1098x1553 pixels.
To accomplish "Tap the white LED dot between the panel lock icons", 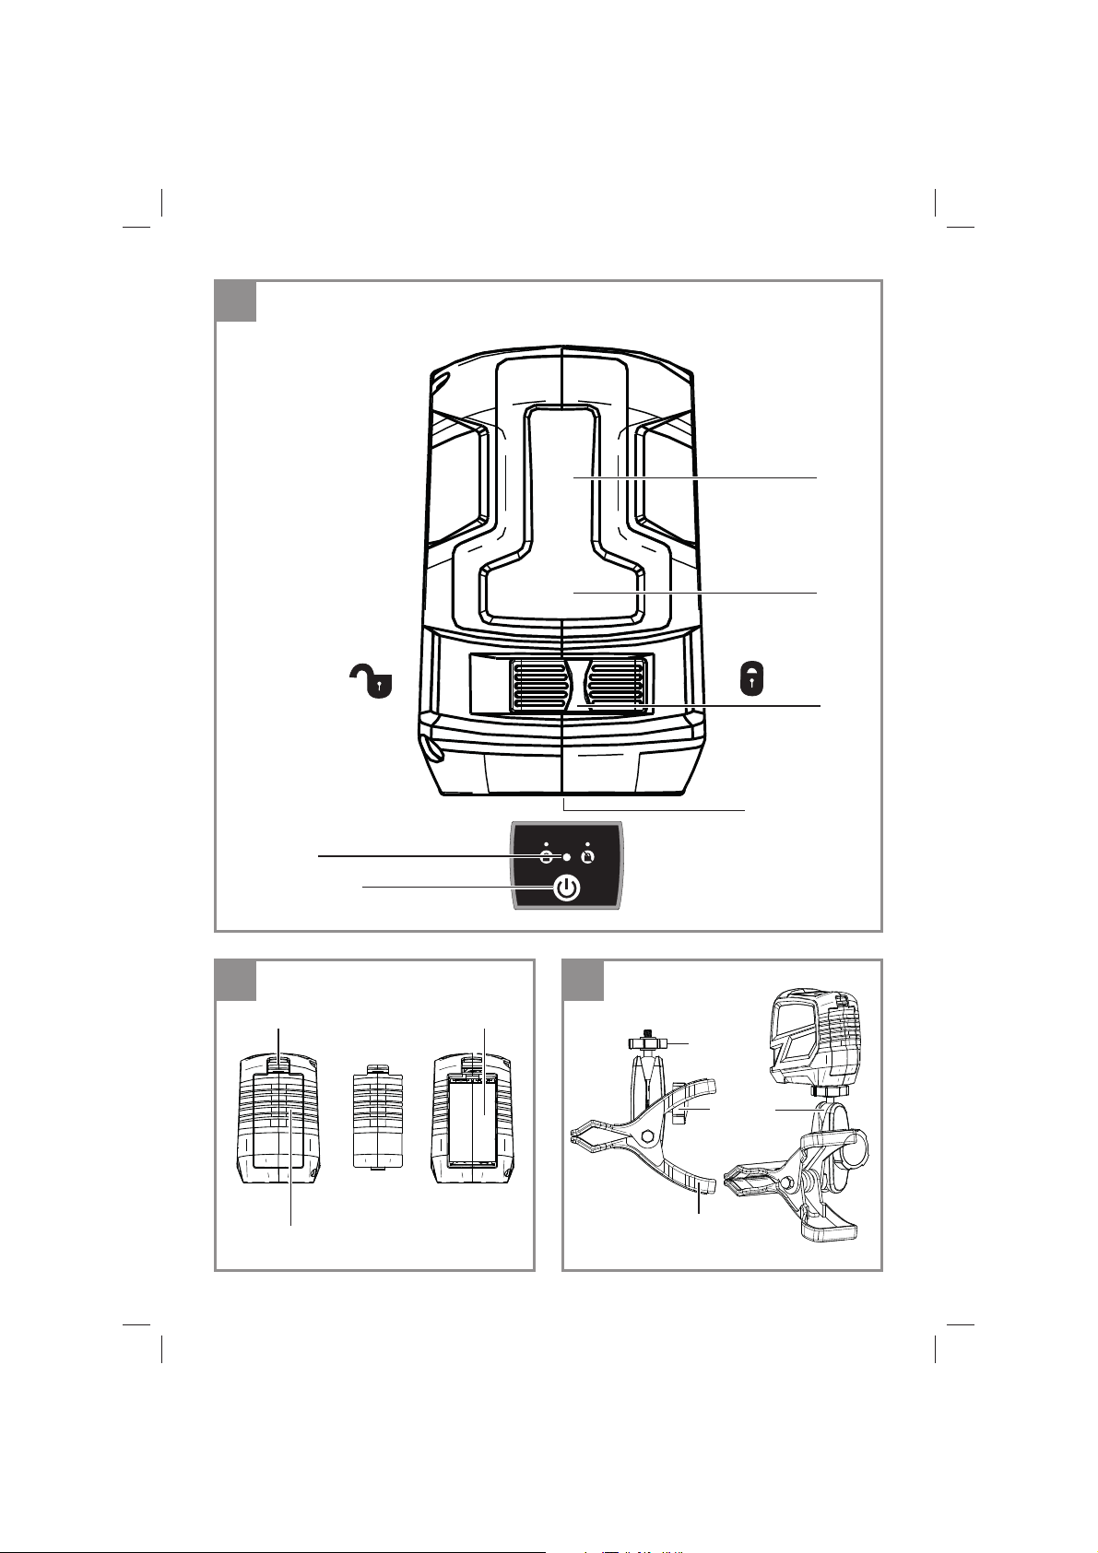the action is [x=567, y=857].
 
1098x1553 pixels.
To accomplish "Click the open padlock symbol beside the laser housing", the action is [x=369, y=683].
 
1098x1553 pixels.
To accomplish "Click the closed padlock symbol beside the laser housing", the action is [x=752, y=680].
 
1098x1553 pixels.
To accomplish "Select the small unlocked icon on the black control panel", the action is [x=546, y=856].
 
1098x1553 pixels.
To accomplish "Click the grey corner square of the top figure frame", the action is [x=235, y=301].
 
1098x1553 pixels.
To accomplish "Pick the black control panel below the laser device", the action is [x=567, y=866].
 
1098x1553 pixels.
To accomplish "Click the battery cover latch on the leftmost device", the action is [x=279, y=1064].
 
